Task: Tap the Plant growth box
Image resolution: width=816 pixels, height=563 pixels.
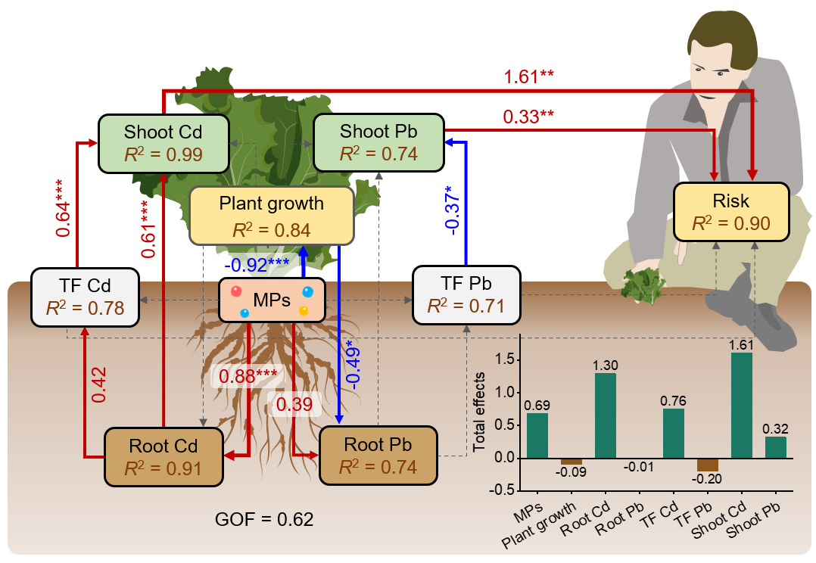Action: click(x=271, y=216)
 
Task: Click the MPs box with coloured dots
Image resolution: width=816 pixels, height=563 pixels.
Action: click(x=271, y=300)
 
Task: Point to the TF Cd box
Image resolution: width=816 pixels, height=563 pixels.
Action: click(x=85, y=297)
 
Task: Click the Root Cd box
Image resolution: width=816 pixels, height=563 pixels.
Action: click(x=164, y=456)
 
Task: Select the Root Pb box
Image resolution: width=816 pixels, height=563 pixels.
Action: click(x=378, y=455)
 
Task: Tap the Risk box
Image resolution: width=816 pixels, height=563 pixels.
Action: click(x=731, y=212)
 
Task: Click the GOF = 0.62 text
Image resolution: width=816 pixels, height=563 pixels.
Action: click(x=264, y=520)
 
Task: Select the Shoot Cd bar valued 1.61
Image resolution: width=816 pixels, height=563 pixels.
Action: click(x=742, y=406)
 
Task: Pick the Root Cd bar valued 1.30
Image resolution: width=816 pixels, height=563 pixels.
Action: click(x=606, y=415)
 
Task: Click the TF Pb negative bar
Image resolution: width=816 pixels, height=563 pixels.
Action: click(x=708, y=465)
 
